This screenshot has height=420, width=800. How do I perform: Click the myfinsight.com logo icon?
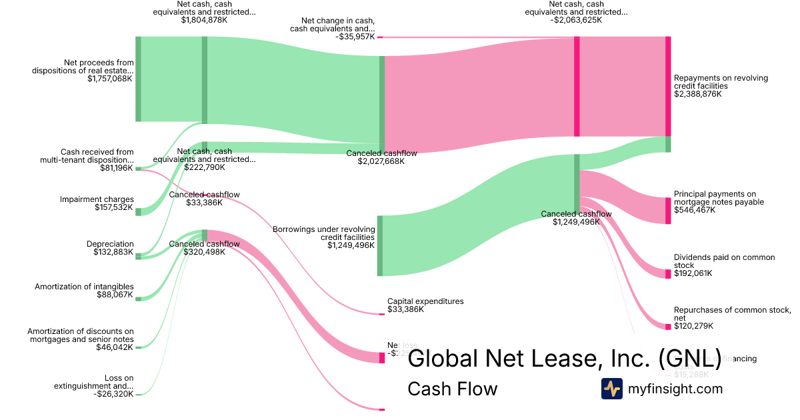pyautogui.click(x=612, y=389)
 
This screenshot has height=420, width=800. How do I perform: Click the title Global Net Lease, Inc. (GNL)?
pyautogui.click(x=564, y=359)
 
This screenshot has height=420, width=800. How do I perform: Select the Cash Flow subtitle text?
pyautogui.click(x=452, y=389)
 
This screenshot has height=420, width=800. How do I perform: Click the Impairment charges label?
pyautogui.click(x=97, y=199)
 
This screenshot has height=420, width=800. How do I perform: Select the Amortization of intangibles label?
pyautogui.click(x=84, y=287)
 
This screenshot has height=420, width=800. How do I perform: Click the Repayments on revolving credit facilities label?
pyautogui.click(x=721, y=82)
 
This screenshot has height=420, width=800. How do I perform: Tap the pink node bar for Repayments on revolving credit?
pyautogui.click(x=668, y=87)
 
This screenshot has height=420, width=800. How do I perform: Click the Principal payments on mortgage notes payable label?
pyautogui.click(x=719, y=198)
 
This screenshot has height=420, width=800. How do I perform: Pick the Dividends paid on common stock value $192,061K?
pyautogui.click(x=693, y=273)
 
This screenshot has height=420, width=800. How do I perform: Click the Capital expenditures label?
pyautogui.click(x=425, y=301)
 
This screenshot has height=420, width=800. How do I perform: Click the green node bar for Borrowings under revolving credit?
pyautogui.click(x=380, y=245)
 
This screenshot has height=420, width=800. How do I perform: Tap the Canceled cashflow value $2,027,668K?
pyautogui.click(x=381, y=161)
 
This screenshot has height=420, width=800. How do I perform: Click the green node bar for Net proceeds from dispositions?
pyautogui.click(x=138, y=79)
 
